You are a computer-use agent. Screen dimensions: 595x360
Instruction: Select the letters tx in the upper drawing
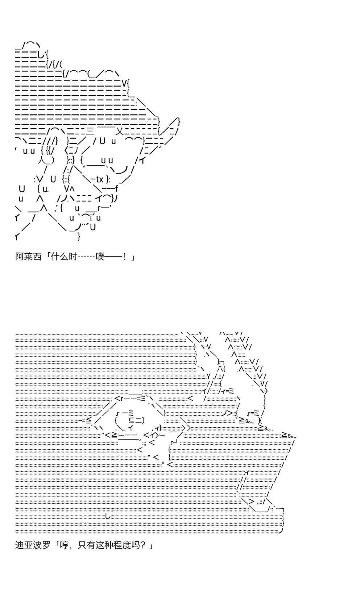tap(99, 179)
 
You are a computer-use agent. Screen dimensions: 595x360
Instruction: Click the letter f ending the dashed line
tap(116, 189)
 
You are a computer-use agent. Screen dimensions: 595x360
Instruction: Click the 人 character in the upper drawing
tap(41, 160)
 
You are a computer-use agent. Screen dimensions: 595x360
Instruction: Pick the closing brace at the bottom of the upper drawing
tap(79, 237)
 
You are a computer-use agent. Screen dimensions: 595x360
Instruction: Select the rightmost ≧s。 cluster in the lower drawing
tap(290, 435)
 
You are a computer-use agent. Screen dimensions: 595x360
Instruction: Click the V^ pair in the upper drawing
tap(69, 189)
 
